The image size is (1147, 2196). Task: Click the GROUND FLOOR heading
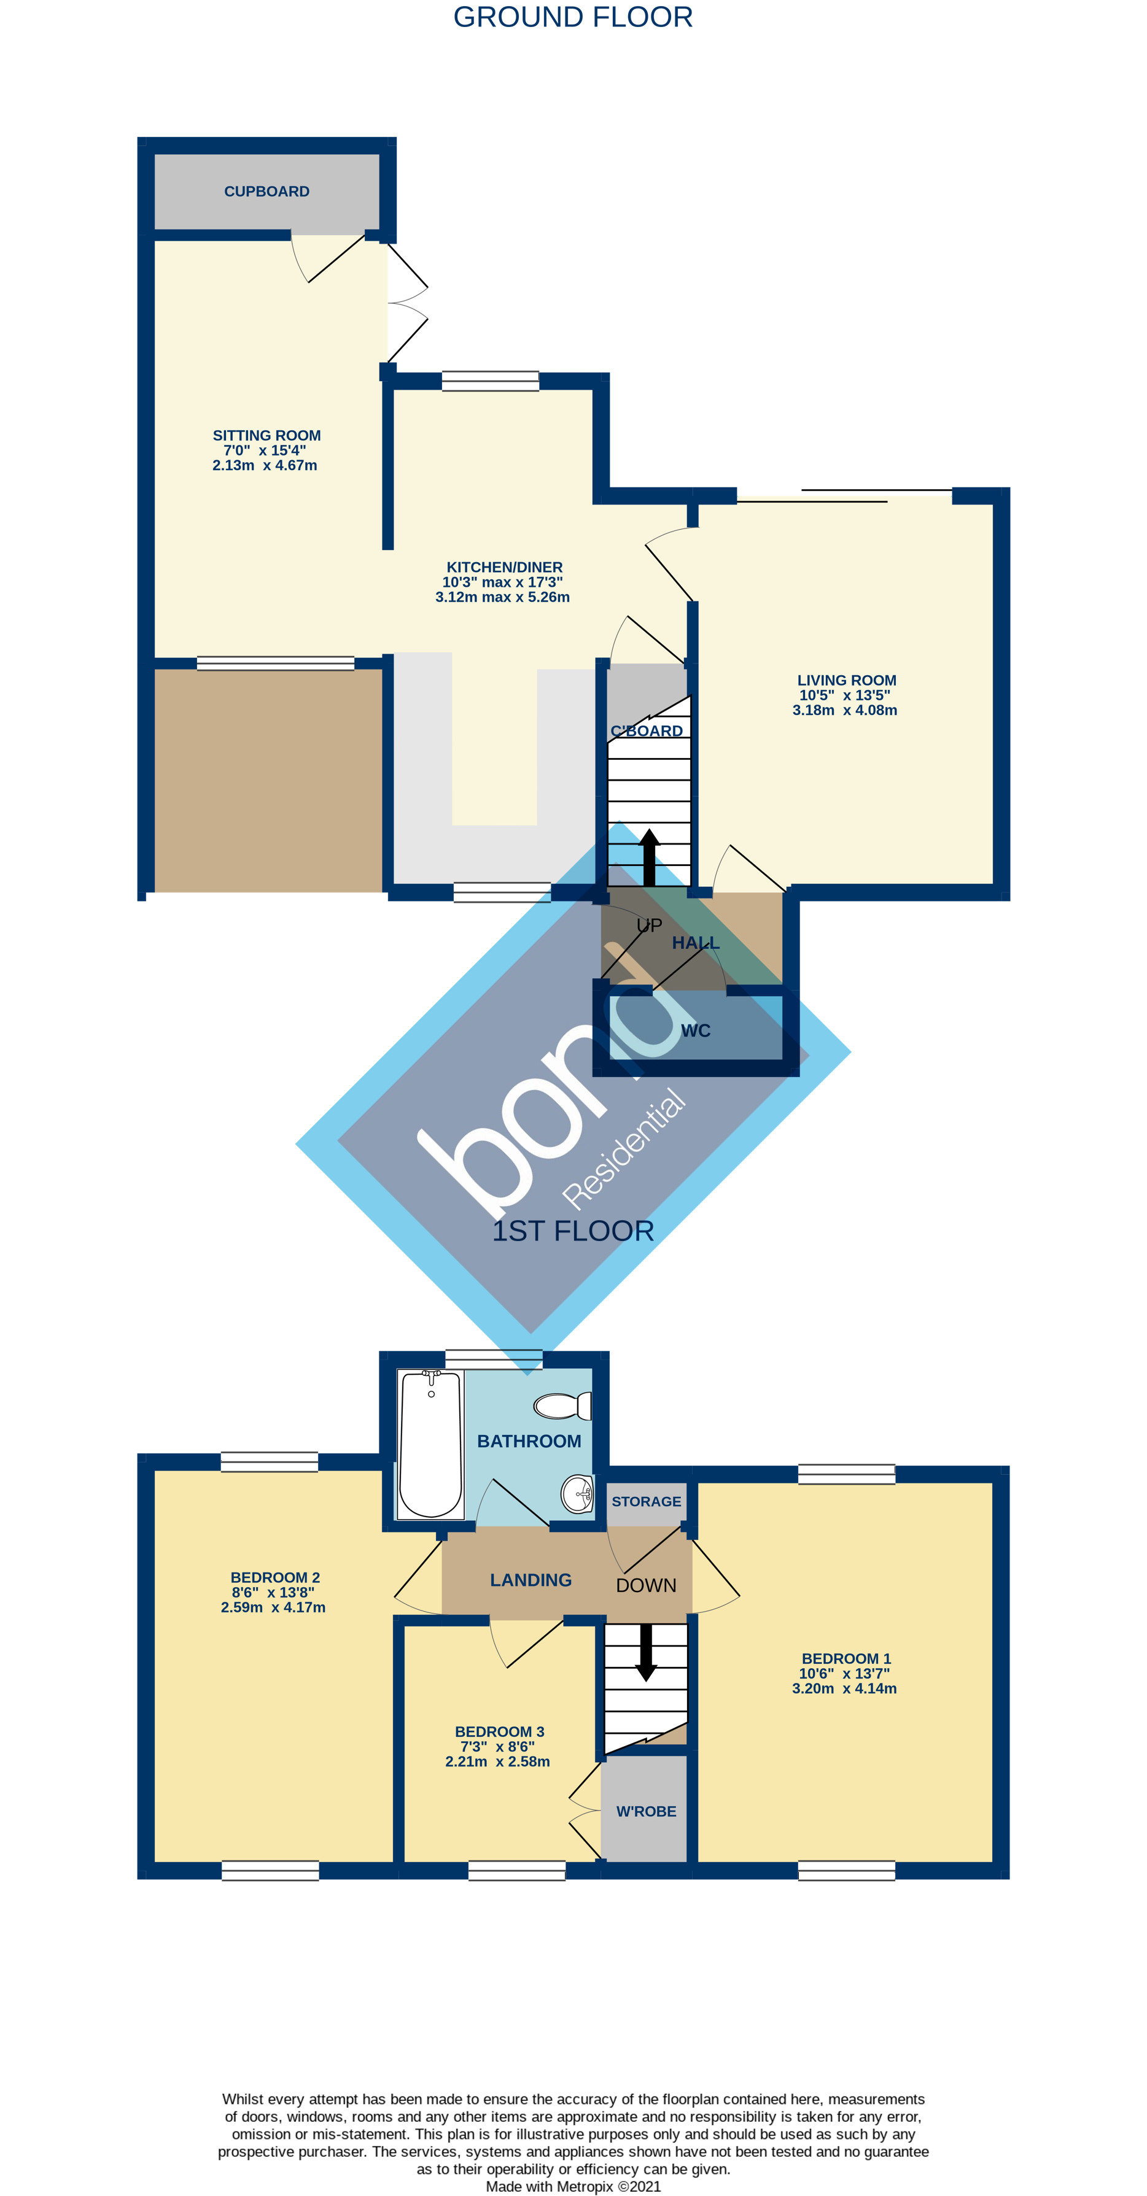pyautogui.click(x=572, y=17)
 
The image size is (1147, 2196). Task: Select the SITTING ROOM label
pyautogui.click(x=266, y=436)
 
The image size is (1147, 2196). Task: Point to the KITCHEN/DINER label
pyautogui.click(x=504, y=568)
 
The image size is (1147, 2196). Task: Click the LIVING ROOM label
pyautogui.click(x=846, y=680)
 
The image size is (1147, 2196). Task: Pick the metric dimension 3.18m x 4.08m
pyautogui.click(x=844, y=710)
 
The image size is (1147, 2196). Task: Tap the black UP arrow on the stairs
pyautogui.click(x=649, y=856)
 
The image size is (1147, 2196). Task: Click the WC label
pyautogui.click(x=695, y=1030)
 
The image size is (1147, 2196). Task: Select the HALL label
pyautogui.click(x=695, y=943)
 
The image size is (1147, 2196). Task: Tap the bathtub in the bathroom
pyautogui.click(x=430, y=1444)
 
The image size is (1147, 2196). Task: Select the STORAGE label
pyautogui.click(x=645, y=1501)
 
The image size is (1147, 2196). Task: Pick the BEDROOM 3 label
pyautogui.click(x=499, y=1731)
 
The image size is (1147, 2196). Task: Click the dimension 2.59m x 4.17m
pyautogui.click(x=273, y=1608)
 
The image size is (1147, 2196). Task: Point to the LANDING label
pyautogui.click(x=531, y=1580)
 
